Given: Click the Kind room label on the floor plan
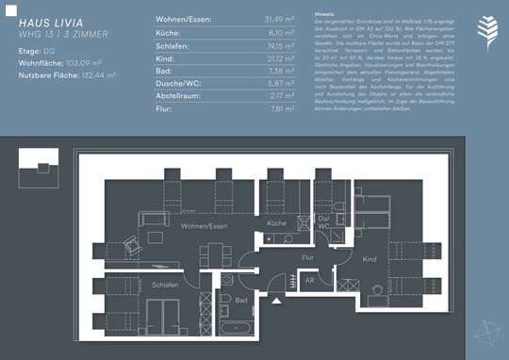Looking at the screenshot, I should pos(369,258).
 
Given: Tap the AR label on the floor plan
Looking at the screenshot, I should pos(308,280).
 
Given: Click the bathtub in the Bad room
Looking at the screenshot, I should pos(232,322).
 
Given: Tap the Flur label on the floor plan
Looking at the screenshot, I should pos(306,256).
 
